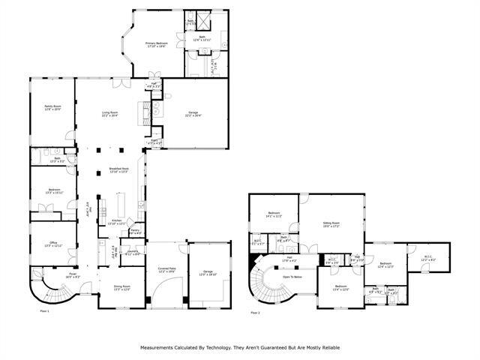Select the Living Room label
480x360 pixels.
[111, 113]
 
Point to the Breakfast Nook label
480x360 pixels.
[119, 169]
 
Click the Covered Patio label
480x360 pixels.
[166, 268]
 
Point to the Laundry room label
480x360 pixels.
[131, 252]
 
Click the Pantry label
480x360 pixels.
[136, 232]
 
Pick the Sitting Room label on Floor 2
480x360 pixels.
[331, 223]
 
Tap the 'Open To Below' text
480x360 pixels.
[292, 276]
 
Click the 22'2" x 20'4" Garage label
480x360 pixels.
[193, 113]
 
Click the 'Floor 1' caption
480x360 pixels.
[44, 310]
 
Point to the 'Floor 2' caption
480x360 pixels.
[256, 312]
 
